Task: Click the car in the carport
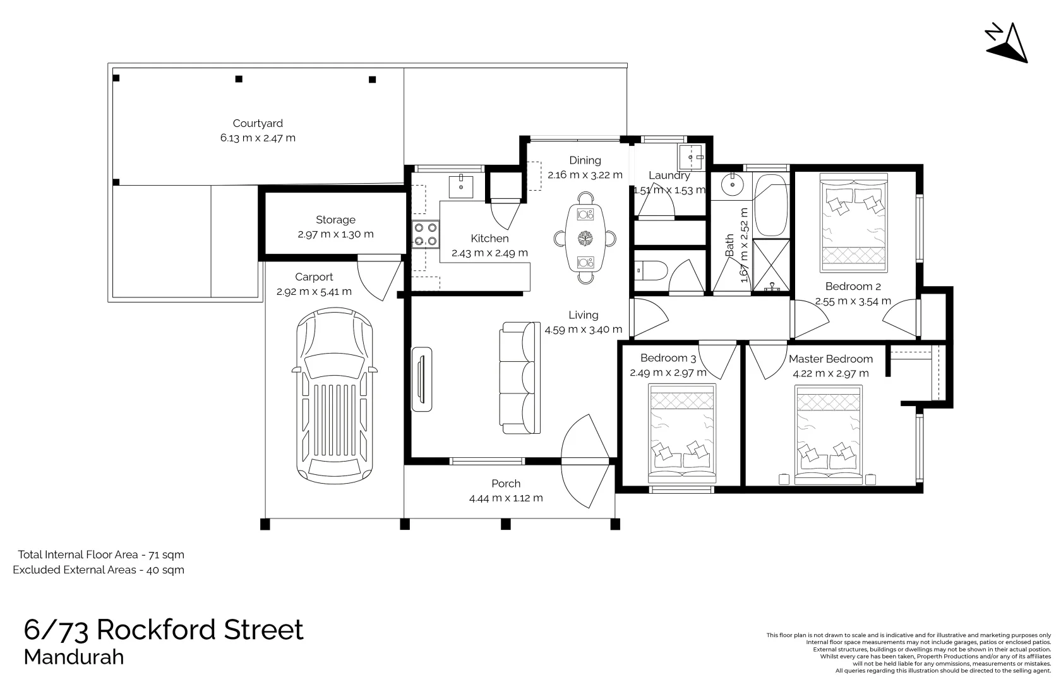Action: [335, 395]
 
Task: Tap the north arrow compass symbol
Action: [1007, 44]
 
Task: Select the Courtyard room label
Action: [258, 123]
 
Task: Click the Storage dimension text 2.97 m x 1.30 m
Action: [335, 234]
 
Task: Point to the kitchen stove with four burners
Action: [426, 234]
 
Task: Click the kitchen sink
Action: [461, 186]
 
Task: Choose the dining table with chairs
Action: [585, 237]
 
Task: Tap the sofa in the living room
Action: [520, 378]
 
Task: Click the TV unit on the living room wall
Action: [422, 379]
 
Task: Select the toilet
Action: [650, 271]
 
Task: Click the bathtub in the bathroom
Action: [770, 205]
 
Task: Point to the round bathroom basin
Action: [733, 184]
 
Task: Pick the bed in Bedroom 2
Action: [854, 222]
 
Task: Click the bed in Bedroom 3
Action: [681, 433]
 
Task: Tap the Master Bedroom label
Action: [831, 359]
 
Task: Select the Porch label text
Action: [506, 484]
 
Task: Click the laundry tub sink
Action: [691, 157]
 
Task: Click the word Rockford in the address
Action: [200, 630]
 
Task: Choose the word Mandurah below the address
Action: [74, 657]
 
